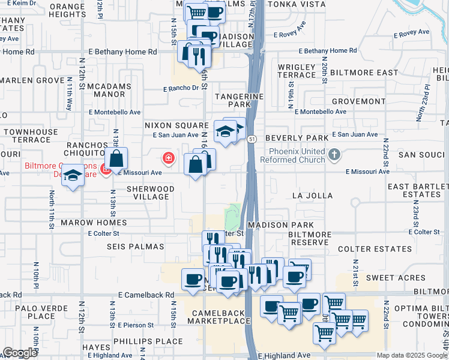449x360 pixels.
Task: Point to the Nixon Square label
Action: (176, 125)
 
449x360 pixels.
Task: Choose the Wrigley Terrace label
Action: (297, 70)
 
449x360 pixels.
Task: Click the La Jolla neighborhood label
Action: (312, 196)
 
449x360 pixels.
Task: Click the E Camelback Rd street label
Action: (146, 295)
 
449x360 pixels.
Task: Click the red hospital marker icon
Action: (169, 159)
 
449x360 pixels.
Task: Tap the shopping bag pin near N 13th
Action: (117, 160)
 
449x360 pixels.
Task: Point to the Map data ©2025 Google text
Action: (411, 355)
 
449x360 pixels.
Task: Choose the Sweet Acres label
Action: (396, 278)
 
